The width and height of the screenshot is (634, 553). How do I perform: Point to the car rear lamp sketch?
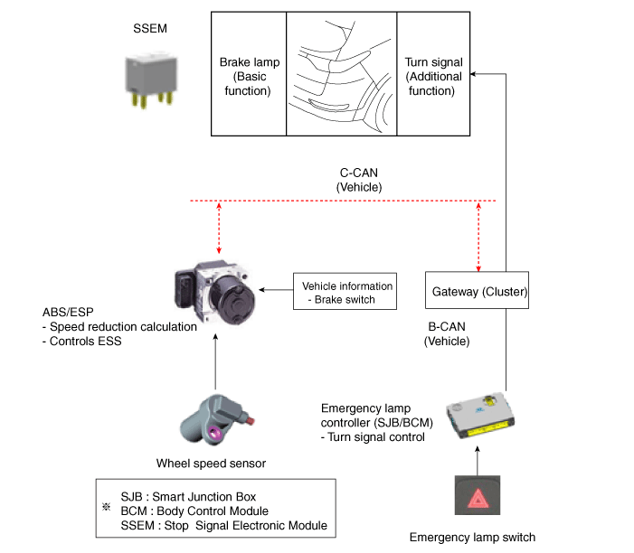[341, 74]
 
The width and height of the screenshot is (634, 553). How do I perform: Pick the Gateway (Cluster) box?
[477, 293]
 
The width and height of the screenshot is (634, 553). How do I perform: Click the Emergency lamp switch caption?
[472, 538]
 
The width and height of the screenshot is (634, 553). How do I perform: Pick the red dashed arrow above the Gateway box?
[479, 235]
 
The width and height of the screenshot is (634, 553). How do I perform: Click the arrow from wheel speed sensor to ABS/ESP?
[214, 361]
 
